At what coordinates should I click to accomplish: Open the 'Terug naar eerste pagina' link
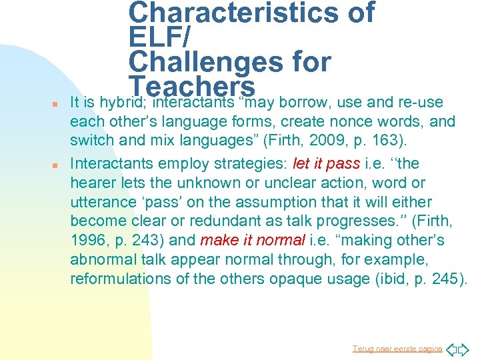[x=397, y=349]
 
